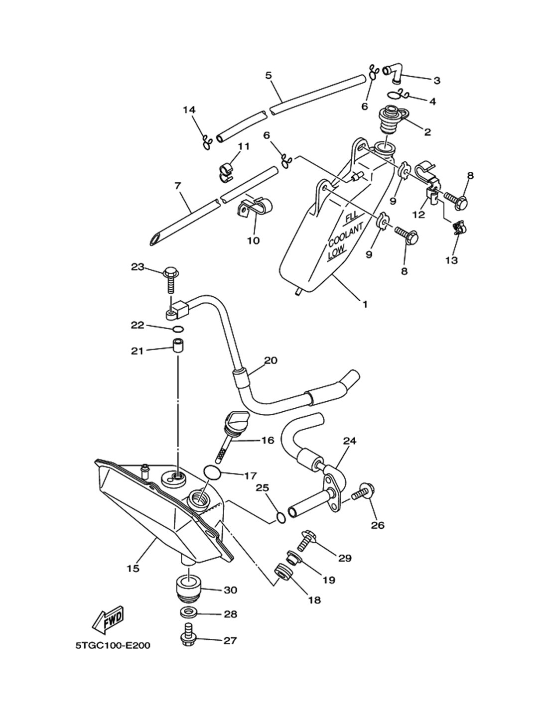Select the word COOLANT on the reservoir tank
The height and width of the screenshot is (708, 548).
(346, 235)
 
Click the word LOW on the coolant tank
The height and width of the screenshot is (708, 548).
(337, 253)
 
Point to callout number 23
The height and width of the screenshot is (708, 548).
(137, 267)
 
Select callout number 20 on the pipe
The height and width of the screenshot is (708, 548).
(271, 360)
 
